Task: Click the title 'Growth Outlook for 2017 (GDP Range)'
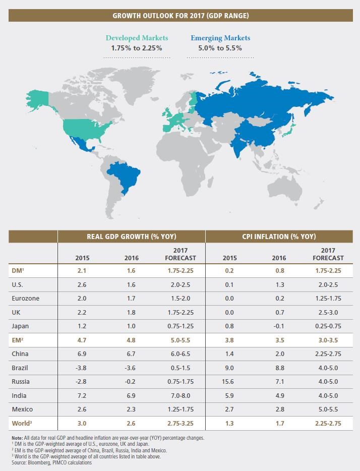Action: pos(180,16)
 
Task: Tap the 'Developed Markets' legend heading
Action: pos(137,38)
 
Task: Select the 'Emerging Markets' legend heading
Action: pos(220,38)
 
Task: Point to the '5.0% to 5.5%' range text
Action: pos(220,48)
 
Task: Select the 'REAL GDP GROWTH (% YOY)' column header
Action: pos(131,236)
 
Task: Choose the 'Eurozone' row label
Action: pos(25,298)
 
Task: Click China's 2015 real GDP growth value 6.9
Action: pos(82,354)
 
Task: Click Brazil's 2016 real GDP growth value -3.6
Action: pos(131,368)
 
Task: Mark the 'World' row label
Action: pos(22,424)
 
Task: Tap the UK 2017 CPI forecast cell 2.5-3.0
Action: pos(328,312)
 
